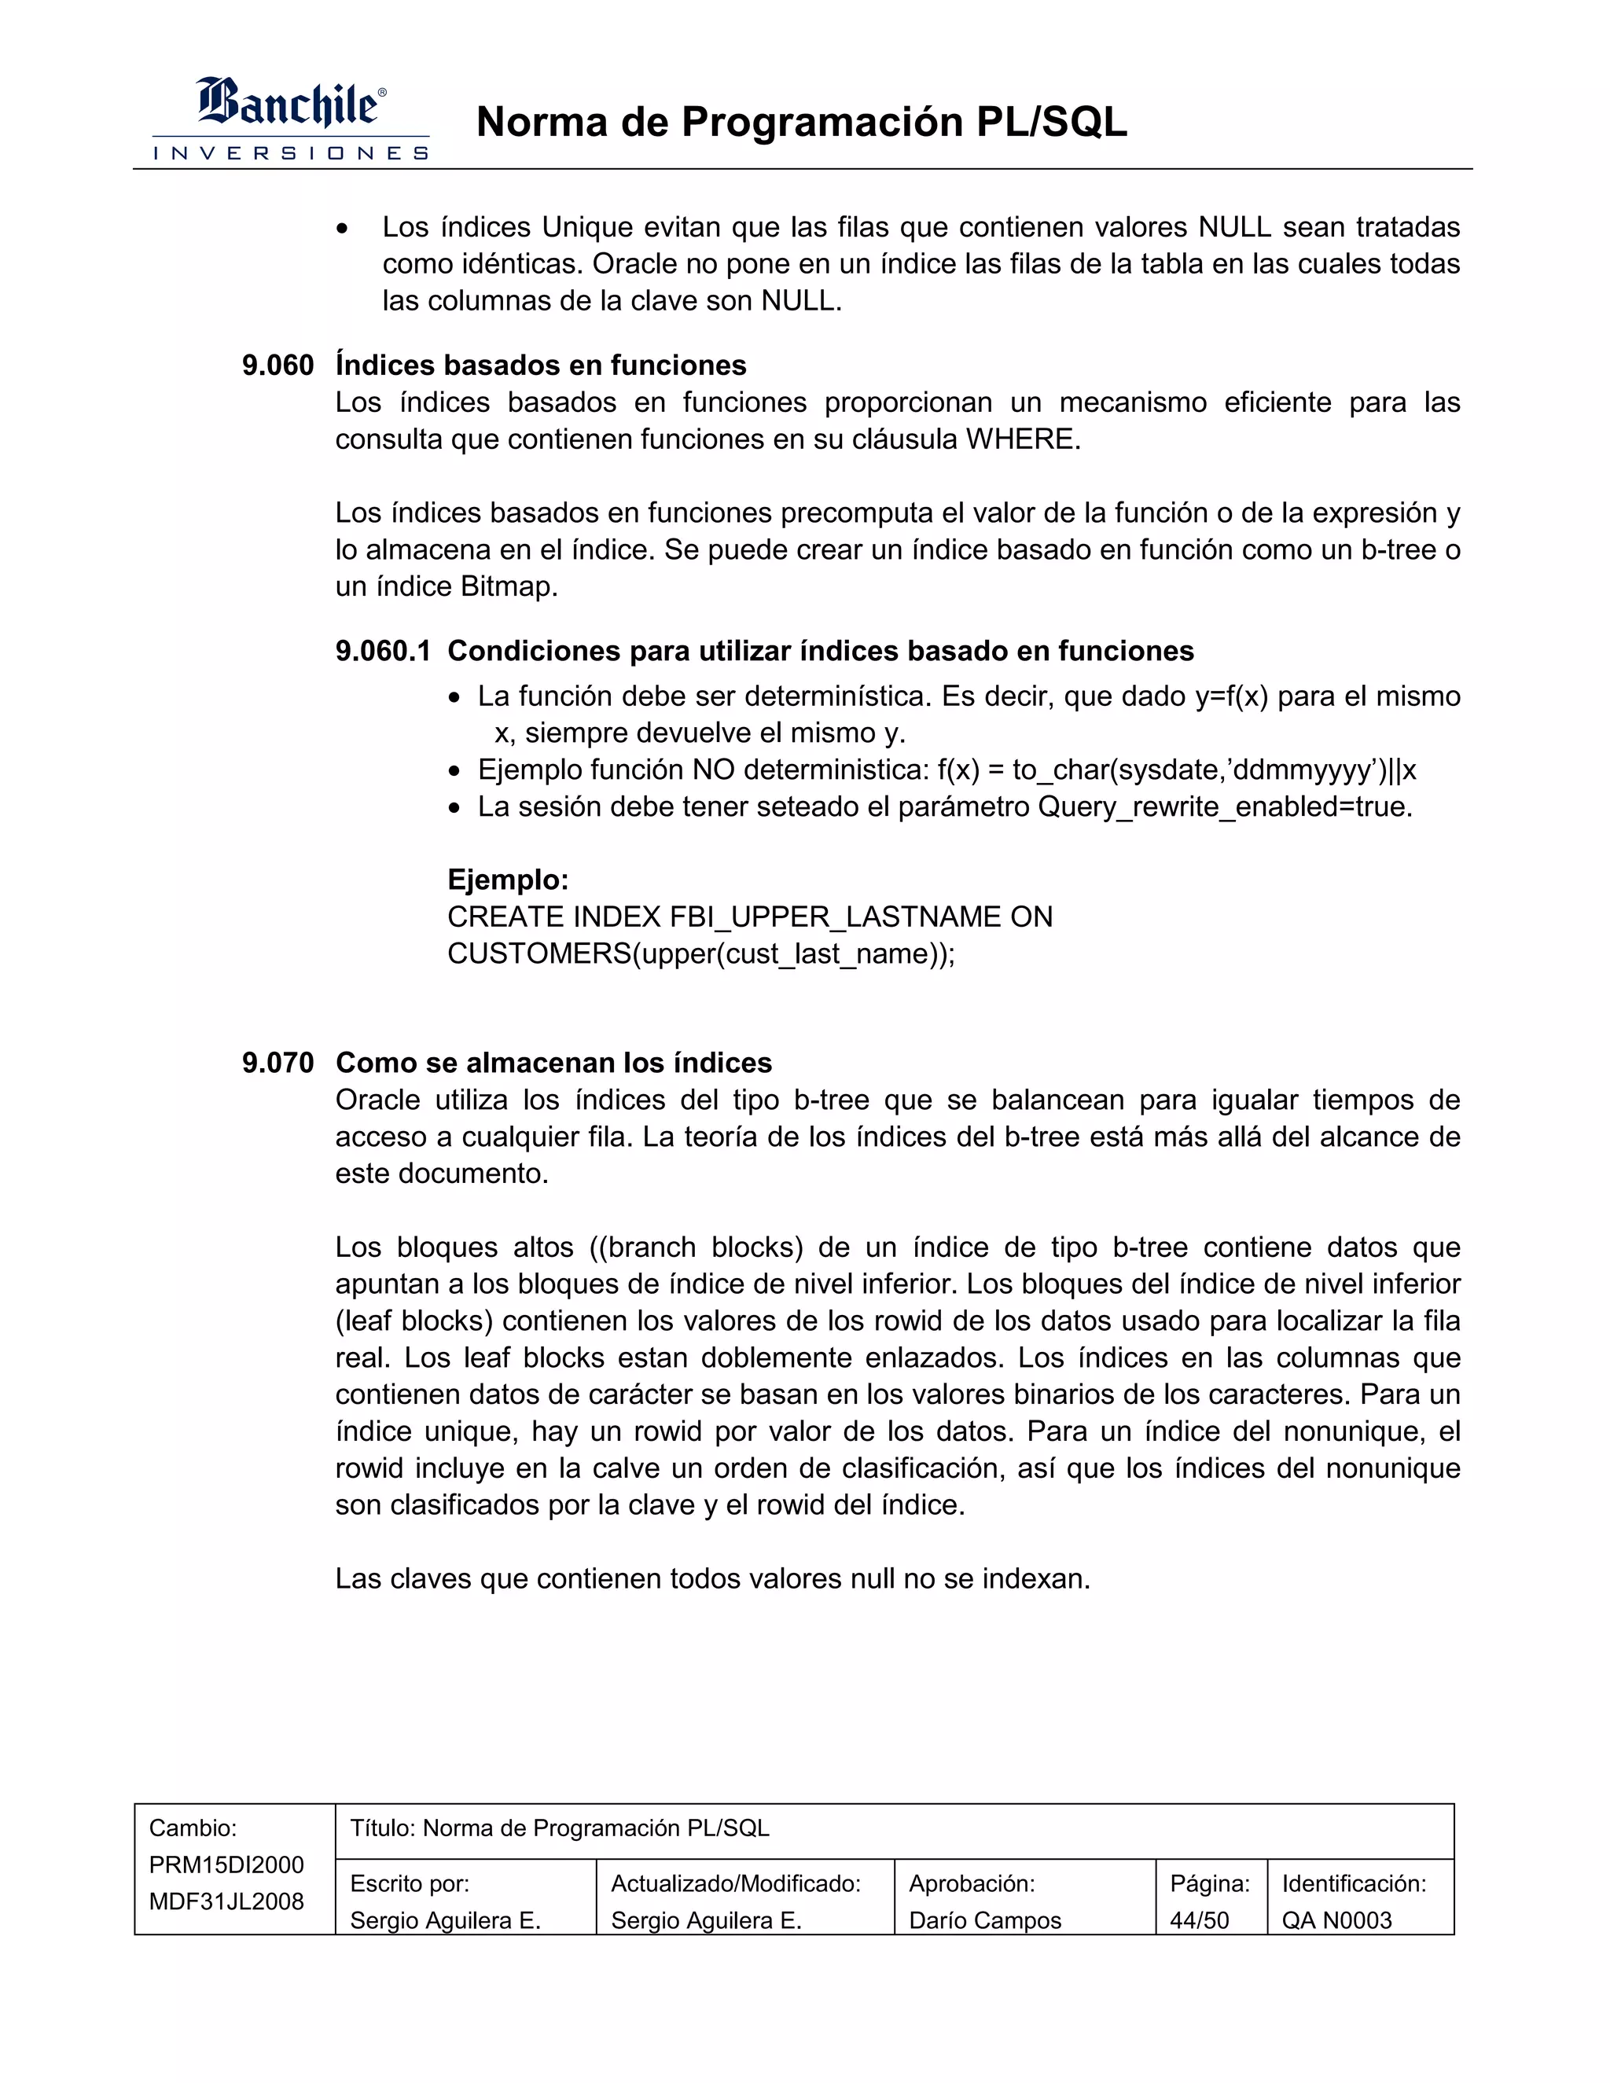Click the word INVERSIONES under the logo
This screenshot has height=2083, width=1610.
click(291, 153)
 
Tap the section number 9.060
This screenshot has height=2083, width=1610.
click(278, 366)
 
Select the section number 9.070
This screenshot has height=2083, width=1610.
click(278, 1063)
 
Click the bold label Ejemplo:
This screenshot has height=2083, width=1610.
click(507, 880)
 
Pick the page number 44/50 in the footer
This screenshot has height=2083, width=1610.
click(1199, 1920)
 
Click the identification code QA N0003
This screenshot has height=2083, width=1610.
click(1336, 1920)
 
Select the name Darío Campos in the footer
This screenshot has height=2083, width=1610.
click(984, 1920)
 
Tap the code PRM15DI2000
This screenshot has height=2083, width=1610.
click(226, 1864)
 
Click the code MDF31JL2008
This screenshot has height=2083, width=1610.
click(226, 1901)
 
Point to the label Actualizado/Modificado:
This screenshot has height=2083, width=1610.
click(735, 1883)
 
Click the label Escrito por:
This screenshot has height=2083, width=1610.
click(409, 1883)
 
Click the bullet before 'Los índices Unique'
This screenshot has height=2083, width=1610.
click(344, 229)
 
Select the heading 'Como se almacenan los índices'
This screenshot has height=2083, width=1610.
click(553, 1063)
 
